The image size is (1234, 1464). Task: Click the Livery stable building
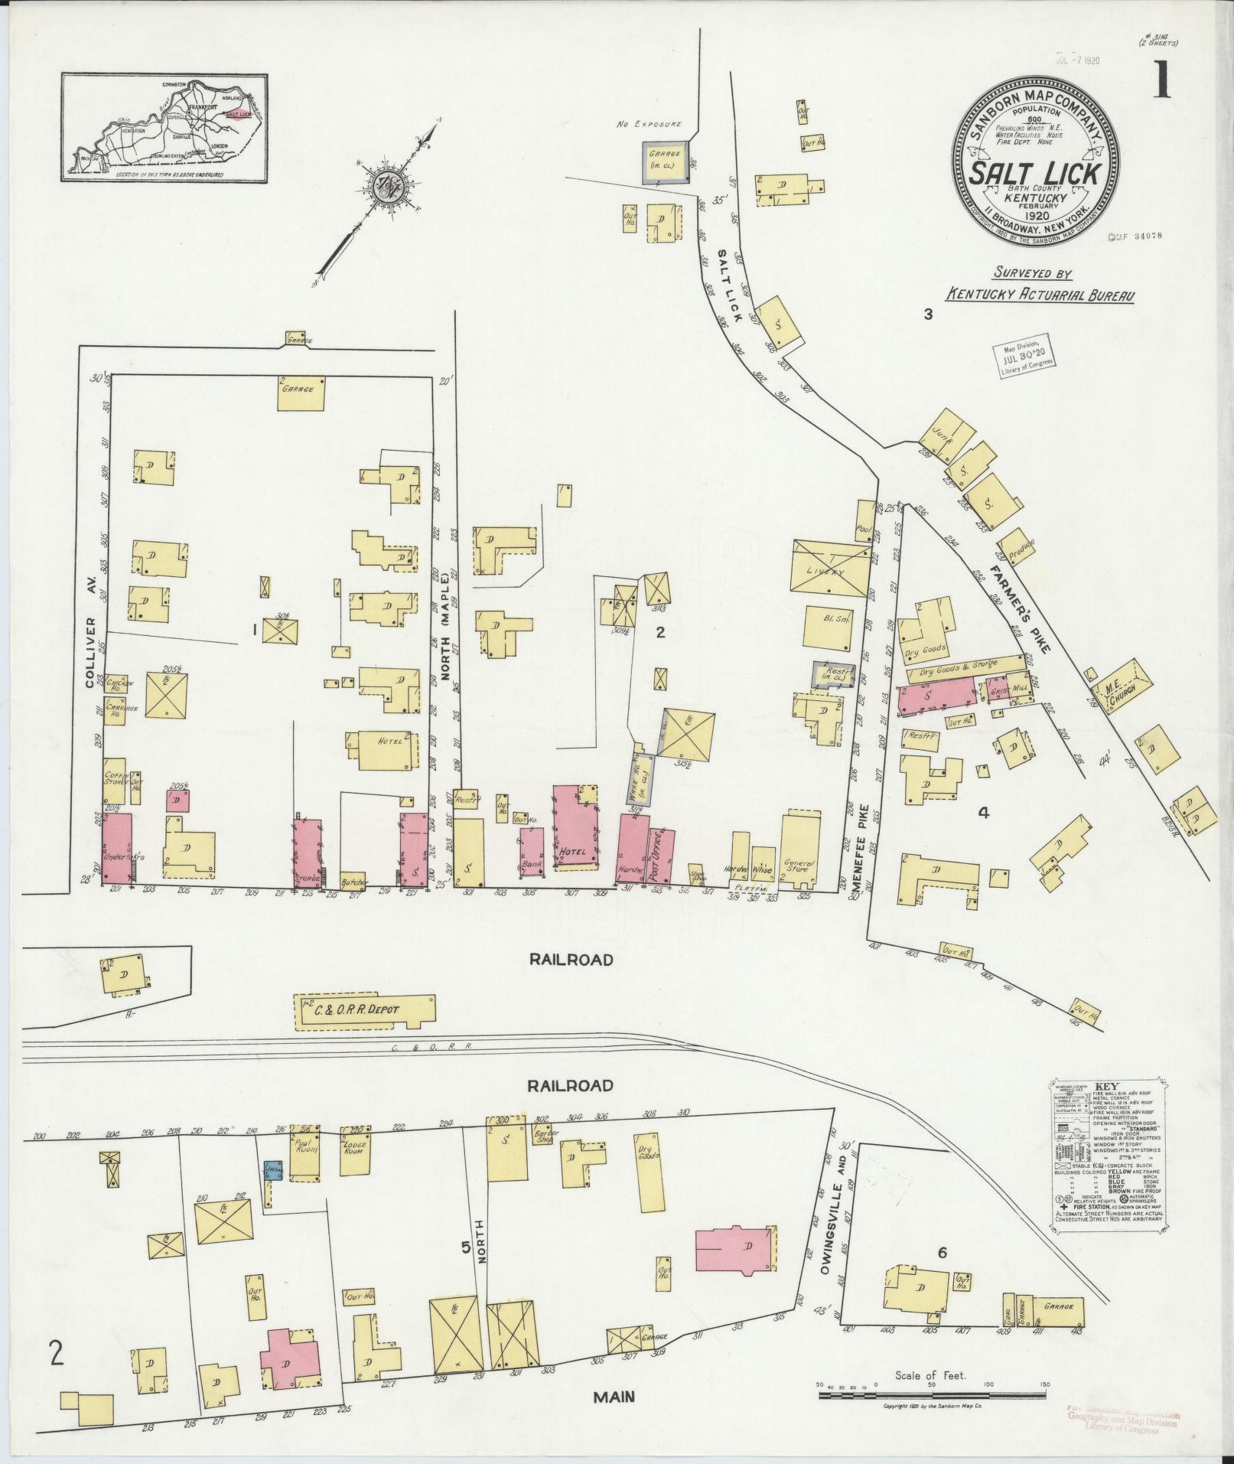831,569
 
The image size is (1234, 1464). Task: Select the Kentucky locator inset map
164,128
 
